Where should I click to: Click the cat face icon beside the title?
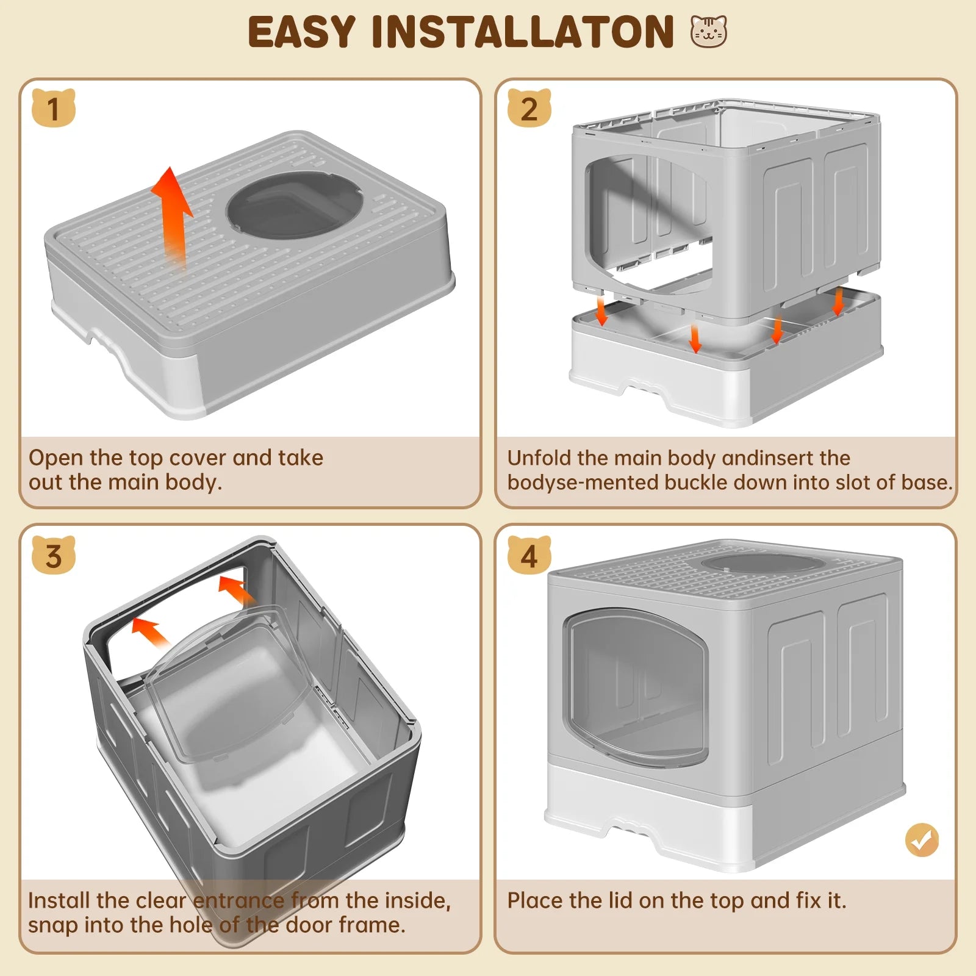[709, 32]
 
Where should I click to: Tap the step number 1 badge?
[54, 109]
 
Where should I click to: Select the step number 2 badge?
[529, 109]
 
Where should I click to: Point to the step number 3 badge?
[54, 555]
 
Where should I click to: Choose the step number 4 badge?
[529, 555]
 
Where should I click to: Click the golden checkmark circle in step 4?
[922, 840]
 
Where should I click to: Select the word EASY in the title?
[301, 32]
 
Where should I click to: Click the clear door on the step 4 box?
[634, 686]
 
